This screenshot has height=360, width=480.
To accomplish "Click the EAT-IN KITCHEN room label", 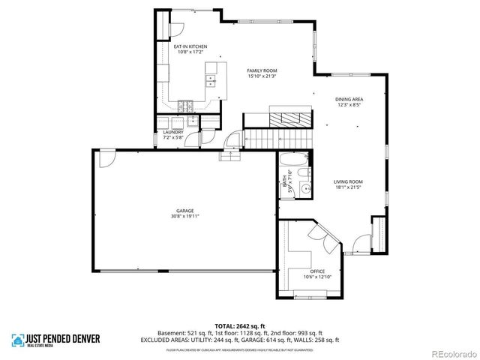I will (x=191, y=46).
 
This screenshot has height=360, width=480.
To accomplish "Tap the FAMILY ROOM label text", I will (x=262, y=70).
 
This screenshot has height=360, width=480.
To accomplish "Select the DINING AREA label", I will (x=349, y=100).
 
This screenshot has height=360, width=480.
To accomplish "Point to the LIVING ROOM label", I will (x=349, y=181).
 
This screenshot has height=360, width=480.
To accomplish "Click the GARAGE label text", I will (x=185, y=211).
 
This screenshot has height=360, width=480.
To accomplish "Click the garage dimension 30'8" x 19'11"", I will (x=185, y=217).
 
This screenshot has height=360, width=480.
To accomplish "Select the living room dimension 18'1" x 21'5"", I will (x=349, y=187).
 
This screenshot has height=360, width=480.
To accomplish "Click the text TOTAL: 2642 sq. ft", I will (x=239, y=326).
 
